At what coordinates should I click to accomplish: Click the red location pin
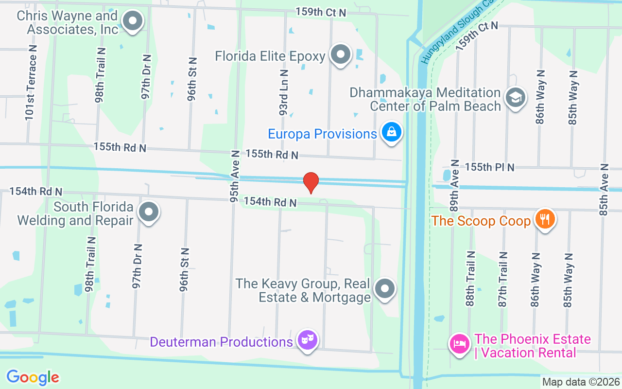point(311,183)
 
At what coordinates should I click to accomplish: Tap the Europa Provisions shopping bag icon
point(391,132)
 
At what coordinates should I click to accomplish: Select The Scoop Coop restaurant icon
point(545,219)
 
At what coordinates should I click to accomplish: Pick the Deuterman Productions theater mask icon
point(307,339)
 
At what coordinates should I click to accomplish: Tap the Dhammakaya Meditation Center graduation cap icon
point(515,97)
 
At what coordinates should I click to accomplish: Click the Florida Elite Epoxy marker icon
point(341,54)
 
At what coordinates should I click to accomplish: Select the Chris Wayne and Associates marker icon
point(132,21)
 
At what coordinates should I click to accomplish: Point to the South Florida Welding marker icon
point(148,212)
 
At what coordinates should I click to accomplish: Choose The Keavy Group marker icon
point(385,288)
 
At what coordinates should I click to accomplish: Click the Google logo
point(33,377)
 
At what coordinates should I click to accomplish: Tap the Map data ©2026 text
point(581,382)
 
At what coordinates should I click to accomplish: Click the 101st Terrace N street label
point(32,83)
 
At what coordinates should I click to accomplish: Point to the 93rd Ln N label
point(284,92)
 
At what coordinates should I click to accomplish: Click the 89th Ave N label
point(454,185)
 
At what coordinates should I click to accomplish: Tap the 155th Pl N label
point(489,167)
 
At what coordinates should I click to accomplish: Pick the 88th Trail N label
point(470,279)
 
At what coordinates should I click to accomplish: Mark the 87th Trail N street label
point(503,279)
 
